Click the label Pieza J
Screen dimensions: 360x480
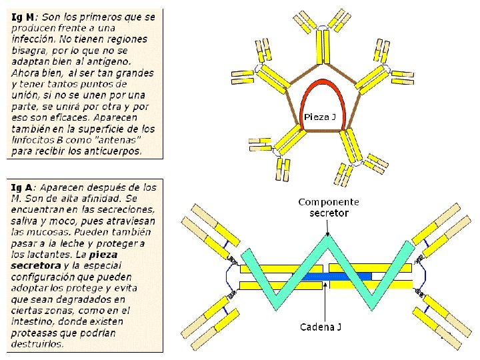point(319,117)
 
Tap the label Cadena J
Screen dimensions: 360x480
point(321,327)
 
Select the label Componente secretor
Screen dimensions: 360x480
point(329,207)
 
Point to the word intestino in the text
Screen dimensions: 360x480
point(33,322)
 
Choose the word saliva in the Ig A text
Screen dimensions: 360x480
point(26,221)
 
